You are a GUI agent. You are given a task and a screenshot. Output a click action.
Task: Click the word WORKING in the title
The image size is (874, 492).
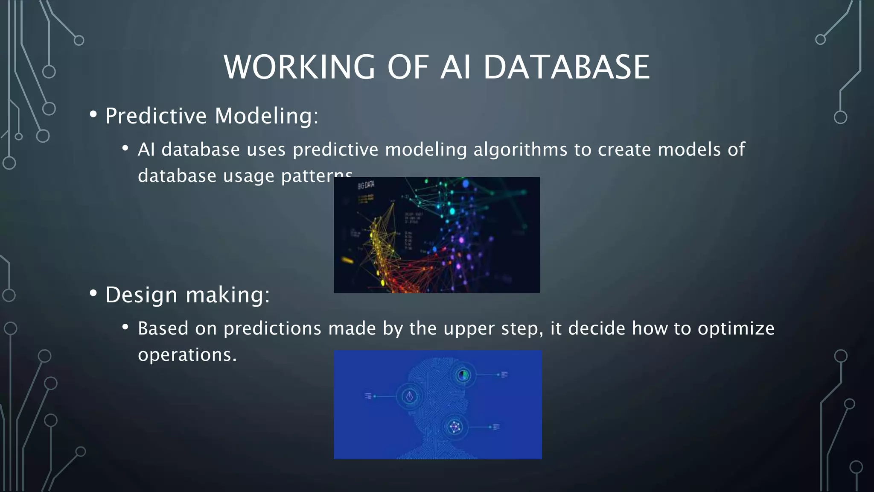point(299,67)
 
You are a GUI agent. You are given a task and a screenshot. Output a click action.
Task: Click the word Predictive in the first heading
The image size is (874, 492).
point(156,116)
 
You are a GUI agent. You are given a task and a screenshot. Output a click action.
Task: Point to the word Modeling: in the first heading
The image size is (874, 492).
point(266,116)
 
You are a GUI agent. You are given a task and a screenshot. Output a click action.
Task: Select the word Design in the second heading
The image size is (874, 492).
point(141,295)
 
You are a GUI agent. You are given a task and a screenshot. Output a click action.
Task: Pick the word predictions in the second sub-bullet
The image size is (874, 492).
point(272,329)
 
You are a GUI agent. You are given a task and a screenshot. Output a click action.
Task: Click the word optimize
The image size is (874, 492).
point(736,329)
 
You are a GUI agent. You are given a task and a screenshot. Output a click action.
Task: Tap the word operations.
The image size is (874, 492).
point(186,355)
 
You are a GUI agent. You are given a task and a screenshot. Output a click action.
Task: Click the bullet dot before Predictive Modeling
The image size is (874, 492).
point(93,114)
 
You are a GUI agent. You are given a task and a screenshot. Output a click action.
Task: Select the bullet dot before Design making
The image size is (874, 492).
point(93,293)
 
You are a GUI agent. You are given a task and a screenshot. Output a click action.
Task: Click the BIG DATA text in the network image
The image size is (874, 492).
point(366,185)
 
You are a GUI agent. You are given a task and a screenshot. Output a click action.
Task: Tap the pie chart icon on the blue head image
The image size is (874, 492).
point(463,375)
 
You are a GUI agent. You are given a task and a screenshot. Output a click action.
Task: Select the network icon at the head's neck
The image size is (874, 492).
point(455,427)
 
